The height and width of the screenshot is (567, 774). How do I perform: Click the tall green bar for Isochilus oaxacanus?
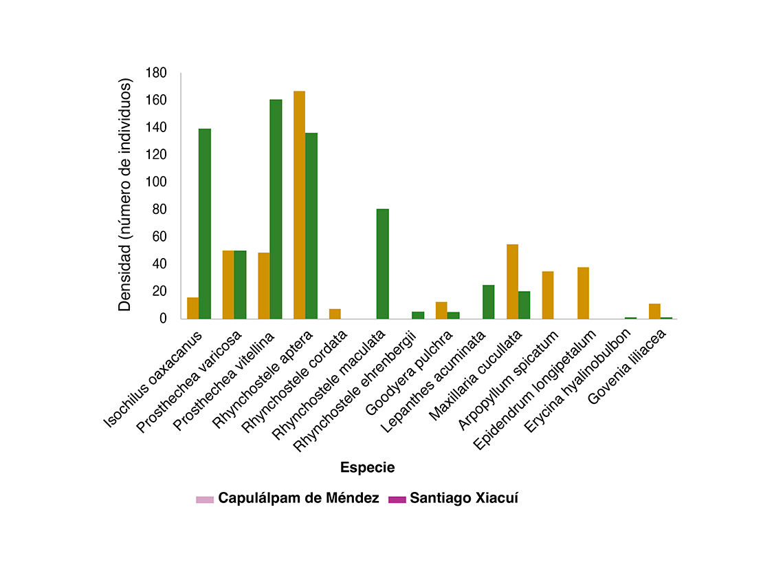205,224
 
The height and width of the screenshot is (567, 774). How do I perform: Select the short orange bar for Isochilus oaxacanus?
193,308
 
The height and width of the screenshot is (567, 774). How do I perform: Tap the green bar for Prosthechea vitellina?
276,209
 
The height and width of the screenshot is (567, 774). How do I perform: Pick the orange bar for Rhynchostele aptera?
299,204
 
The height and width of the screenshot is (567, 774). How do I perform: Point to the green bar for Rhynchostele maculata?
383,264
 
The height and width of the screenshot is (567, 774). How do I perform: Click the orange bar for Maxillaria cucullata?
512,281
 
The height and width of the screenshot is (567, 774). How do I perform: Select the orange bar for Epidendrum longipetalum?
584,293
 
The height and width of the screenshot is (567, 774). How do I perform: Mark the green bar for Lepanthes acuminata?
489,302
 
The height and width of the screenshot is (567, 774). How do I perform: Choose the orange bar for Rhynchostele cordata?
335,314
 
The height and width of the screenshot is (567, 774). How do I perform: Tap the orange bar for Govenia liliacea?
654,312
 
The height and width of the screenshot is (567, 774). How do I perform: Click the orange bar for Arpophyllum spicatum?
548,295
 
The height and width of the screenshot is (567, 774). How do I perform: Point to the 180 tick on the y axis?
156,73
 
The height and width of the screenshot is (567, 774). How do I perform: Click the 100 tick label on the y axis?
156,182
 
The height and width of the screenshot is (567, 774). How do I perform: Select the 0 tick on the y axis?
163,319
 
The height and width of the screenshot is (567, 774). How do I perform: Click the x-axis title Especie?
367,467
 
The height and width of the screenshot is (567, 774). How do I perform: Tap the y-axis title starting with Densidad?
125,195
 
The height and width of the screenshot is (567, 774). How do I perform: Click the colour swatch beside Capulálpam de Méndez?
205,500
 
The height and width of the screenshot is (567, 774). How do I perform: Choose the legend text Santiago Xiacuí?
464,498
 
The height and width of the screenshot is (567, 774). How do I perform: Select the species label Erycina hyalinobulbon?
577,380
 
